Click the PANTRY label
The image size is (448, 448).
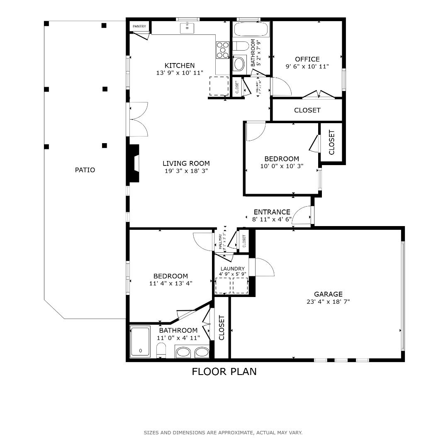click(139, 27)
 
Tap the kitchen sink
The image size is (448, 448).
click(187, 28)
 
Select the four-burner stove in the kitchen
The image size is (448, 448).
click(222, 50)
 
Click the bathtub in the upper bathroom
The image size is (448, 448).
click(251, 30)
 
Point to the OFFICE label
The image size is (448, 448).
click(307, 59)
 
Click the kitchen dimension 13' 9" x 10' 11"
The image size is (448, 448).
click(180, 73)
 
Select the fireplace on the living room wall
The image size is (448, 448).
click(133, 163)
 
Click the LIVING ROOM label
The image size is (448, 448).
click(186, 163)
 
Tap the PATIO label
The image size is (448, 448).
click(85, 170)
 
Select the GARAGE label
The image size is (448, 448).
click(328, 294)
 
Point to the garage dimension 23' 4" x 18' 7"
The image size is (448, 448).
click(328, 302)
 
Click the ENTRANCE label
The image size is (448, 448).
click(272, 212)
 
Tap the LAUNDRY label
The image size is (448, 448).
click(232, 269)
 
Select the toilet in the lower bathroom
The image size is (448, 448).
click(161, 351)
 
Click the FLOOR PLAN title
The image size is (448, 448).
click(224, 372)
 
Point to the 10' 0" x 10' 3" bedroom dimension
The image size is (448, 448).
click(282, 166)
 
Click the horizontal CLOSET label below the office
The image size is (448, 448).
click(307, 110)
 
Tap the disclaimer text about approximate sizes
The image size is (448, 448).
click(223, 433)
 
